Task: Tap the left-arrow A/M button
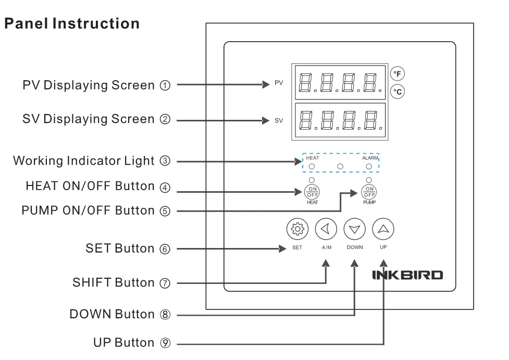coord(327,228)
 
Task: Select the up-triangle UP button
coord(383,228)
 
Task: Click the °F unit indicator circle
coord(398,75)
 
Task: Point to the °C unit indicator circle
coord(398,92)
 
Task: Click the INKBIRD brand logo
coord(407,275)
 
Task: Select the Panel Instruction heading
coord(71,24)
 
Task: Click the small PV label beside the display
coord(279,83)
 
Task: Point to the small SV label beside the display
coord(279,120)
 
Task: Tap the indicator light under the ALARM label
coord(369,166)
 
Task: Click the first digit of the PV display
coord(306,83)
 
